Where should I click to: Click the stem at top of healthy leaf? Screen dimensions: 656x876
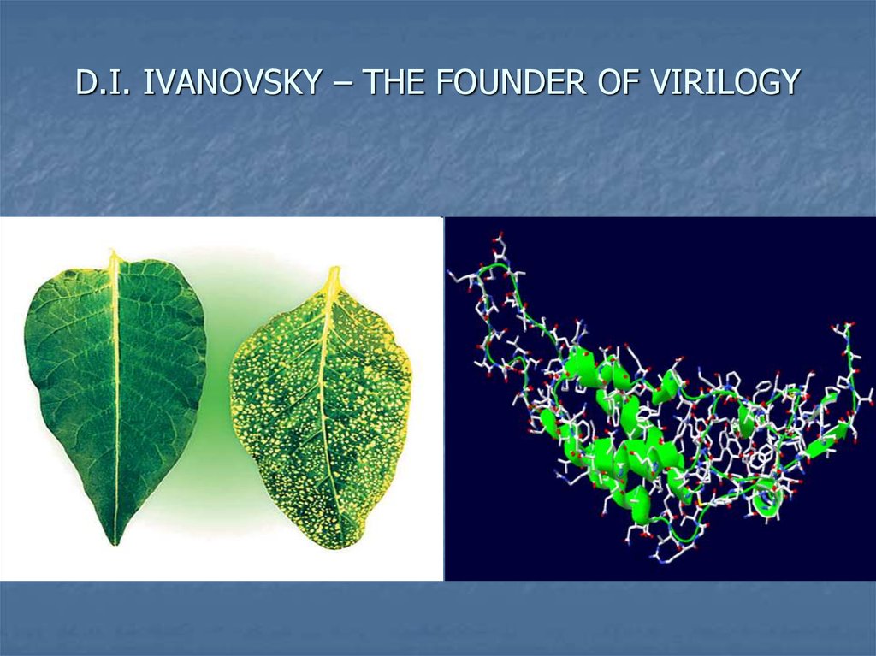tap(113, 258)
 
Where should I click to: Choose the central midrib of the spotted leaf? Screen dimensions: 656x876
tap(328, 411)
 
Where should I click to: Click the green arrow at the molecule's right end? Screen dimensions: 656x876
tap(834, 434)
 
